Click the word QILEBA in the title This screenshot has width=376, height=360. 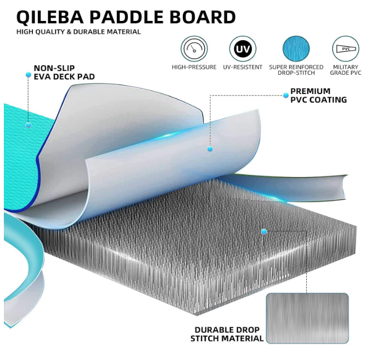click(50, 17)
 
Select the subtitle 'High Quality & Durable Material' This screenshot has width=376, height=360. click(78, 32)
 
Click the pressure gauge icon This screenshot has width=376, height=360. click(194, 49)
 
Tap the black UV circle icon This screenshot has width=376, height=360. click(243, 49)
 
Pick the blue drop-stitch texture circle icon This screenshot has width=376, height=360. click(296, 49)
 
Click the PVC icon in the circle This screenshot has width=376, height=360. click(346, 49)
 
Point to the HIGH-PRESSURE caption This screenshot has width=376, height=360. click(194, 67)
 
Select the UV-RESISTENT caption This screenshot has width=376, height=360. click(243, 67)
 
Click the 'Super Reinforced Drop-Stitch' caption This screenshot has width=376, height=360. click(296, 70)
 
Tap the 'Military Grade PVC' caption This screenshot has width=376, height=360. click(346, 70)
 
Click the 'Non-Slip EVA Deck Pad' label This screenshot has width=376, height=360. click(64, 73)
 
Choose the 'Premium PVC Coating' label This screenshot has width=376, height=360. click(319, 95)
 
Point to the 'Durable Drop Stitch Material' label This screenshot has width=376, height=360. click(227, 334)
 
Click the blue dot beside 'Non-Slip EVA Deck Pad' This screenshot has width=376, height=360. click(29, 75)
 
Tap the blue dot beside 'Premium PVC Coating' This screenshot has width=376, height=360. click(285, 95)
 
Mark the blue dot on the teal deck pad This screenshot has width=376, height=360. click(29, 125)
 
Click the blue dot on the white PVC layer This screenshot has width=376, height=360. click(210, 149)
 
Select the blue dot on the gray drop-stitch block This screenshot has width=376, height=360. click(264, 232)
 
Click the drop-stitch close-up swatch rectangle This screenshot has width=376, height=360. click(307, 318)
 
